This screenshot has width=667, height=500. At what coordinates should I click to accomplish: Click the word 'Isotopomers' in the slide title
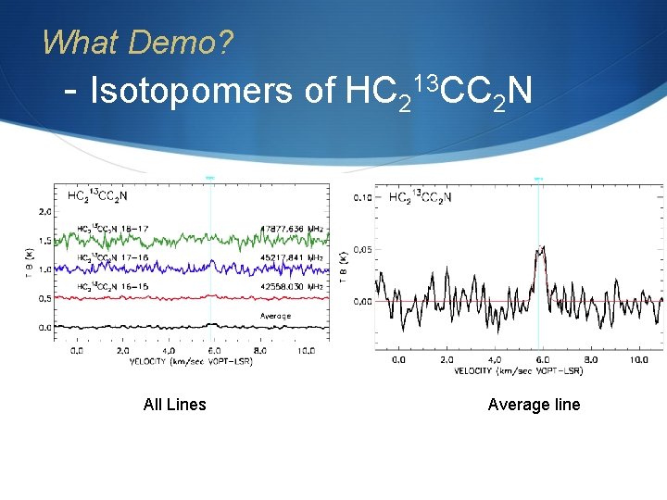(x=194, y=91)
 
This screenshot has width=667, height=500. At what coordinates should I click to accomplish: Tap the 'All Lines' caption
(x=175, y=405)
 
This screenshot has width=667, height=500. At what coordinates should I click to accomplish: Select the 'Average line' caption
(x=534, y=405)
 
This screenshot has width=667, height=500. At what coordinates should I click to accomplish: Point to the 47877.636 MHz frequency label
(x=292, y=227)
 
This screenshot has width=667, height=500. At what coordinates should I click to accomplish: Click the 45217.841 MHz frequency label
(x=292, y=257)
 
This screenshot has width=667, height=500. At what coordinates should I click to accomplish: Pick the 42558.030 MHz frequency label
(x=292, y=287)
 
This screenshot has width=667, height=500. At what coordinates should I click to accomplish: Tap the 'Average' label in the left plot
(x=275, y=316)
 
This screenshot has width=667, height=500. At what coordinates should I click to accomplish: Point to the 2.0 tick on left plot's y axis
(x=44, y=213)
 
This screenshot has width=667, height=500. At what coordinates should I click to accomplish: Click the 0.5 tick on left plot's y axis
(x=44, y=299)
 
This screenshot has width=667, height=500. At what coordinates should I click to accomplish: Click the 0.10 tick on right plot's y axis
(x=362, y=198)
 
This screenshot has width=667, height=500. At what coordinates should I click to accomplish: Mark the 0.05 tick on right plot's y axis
(x=362, y=249)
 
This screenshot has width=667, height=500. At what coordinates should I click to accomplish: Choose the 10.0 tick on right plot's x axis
(x=639, y=359)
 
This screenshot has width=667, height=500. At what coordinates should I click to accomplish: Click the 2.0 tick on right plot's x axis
(x=447, y=359)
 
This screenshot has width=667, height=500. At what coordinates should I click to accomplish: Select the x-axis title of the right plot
(x=519, y=370)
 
